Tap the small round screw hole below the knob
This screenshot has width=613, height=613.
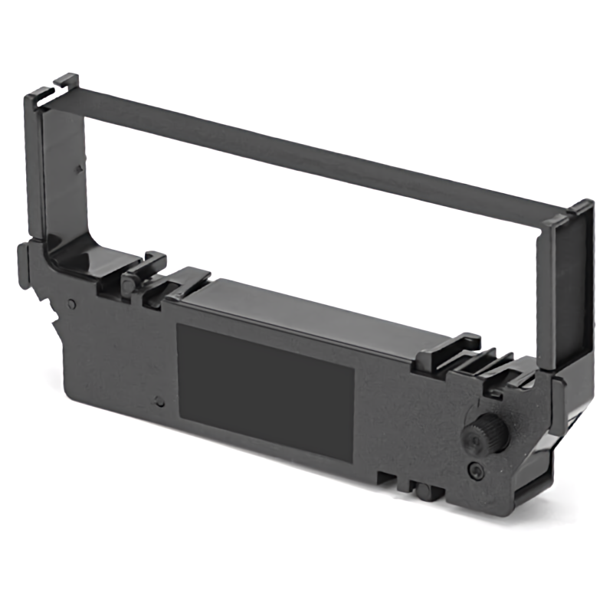point(476,469)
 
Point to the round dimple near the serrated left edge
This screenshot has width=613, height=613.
point(71,303)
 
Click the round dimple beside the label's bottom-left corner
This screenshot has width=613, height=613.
point(159,401)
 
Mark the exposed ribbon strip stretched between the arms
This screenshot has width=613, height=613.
point(306,146)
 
